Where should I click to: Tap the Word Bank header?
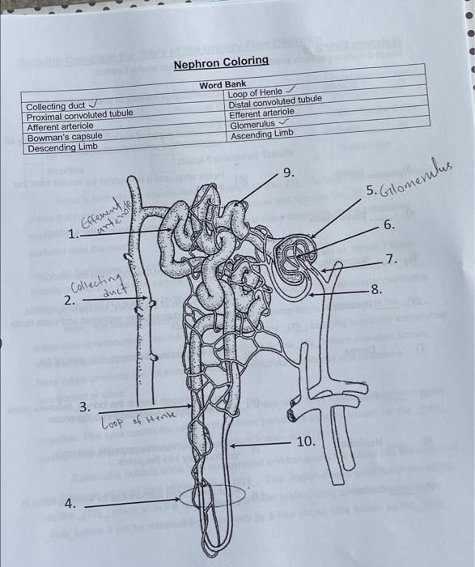click(x=223, y=84)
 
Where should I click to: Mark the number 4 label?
click(x=70, y=503)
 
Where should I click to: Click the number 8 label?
click(x=375, y=289)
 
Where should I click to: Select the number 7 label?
click(x=391, y=259)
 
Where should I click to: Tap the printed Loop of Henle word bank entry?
click(x=256, y=93)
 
